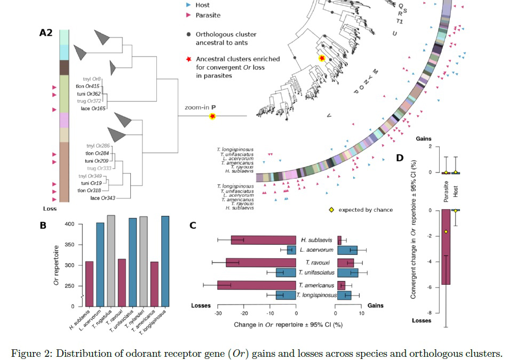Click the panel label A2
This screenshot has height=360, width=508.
(46, 33)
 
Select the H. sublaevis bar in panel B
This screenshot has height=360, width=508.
(89, 283)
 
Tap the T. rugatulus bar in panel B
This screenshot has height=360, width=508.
(111, 261)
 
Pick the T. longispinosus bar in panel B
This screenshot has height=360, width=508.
(165, 261)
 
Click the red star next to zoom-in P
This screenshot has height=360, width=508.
(212, 116)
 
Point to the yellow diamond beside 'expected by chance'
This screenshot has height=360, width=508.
(331, 210)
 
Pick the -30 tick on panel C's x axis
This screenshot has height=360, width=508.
(218, 314)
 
